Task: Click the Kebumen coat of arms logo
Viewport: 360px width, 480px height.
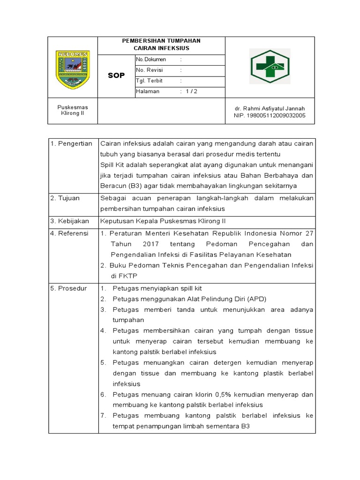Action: click(72, 70)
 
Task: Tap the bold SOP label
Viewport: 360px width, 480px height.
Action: click(116, 75)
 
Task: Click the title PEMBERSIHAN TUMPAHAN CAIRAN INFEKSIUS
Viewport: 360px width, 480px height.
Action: click(161, 45)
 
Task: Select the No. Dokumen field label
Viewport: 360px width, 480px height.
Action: click(148, 60)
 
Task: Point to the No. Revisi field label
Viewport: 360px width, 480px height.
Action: click(146, 70)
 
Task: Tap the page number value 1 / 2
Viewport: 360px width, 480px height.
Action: click(191, 91)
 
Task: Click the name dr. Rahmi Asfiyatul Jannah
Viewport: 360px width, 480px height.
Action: click(270, 108)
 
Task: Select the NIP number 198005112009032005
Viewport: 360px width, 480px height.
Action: click(270, 115)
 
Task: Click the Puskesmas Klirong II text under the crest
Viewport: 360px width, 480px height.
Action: click(72, 111)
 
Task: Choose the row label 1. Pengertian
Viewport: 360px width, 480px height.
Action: click(71, 144)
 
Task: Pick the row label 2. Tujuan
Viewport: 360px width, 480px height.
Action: click(65, 198)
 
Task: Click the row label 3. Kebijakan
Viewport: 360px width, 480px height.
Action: click(69, 220)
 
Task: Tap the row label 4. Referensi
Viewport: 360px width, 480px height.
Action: click(69, 233)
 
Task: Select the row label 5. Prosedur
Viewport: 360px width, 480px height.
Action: click(68, 288)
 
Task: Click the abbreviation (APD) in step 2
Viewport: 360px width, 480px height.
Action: click(257, 299)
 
